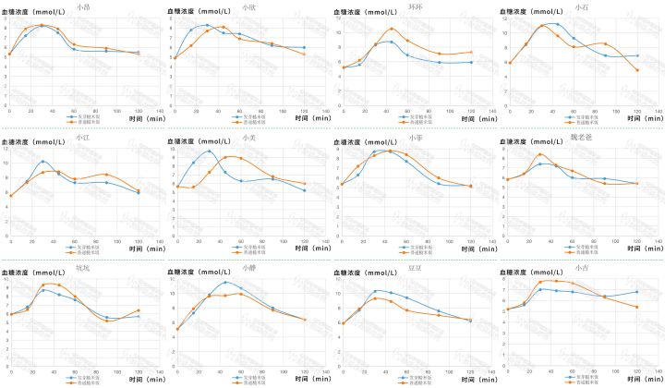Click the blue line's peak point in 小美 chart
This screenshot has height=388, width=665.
(210, 152)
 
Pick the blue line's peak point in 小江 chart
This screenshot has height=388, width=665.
(43, 162)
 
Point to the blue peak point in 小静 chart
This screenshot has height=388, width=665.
(225, 282)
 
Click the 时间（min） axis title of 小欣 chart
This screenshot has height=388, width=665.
(309, 117)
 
